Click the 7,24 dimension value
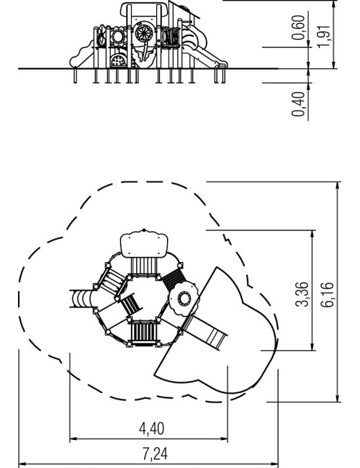pos(155,454)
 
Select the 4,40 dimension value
pos(152,429)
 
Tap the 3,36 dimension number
pos(302,294)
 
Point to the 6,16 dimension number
pos(327,294)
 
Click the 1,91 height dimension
pos(324,37)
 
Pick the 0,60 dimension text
pos(299,27)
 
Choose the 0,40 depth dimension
pos(299,104)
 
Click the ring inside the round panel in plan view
pos(184,298)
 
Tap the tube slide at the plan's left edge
pos(80,299)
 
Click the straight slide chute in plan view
pos(206,332)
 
